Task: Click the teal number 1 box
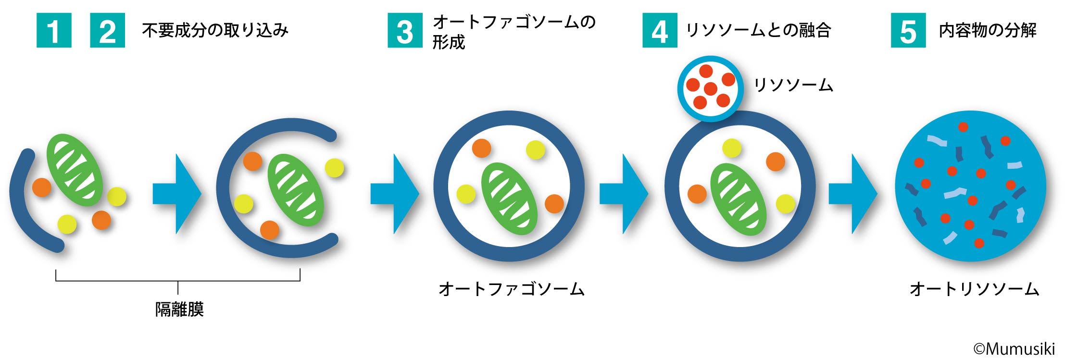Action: point(54,31)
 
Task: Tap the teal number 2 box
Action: point(107,31)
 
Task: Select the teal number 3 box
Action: point(405,31)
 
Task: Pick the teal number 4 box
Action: point(660,31)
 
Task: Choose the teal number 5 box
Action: point(908,31)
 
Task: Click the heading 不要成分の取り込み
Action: point(215,31)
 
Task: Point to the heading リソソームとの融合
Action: point(758,31)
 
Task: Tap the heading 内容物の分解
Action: point(987,31)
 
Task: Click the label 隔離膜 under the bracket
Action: point(179,309)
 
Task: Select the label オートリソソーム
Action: point(974,289)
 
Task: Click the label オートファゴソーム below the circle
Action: point(511,289)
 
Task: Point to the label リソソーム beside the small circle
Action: point(793,85)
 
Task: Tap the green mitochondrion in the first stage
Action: point(75,169)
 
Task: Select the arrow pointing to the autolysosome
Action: point(852,194)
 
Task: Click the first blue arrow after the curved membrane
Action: point(176,194)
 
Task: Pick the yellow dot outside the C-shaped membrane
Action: point(335,168)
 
